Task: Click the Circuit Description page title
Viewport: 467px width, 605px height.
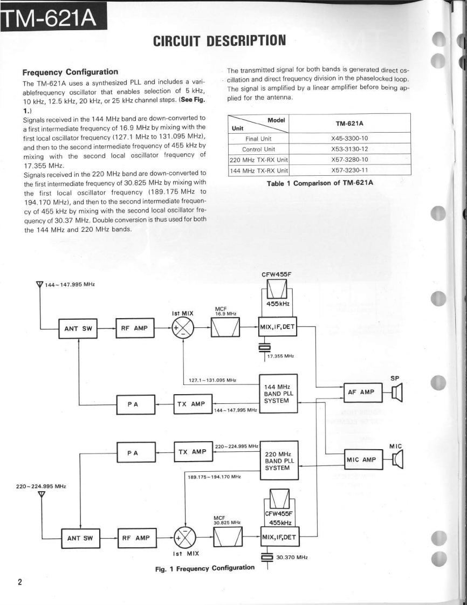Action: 219,40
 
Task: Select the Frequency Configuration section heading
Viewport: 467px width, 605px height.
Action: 70,72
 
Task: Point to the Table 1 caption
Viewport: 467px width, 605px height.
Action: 320,183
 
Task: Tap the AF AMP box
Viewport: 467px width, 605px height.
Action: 362,393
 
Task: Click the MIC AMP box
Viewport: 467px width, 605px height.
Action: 362,459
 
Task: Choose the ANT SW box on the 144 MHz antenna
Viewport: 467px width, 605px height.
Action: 78,328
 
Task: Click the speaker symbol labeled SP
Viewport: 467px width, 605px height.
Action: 397,393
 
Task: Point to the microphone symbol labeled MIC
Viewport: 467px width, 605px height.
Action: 398,459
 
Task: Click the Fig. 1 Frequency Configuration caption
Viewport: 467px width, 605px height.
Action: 204,568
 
